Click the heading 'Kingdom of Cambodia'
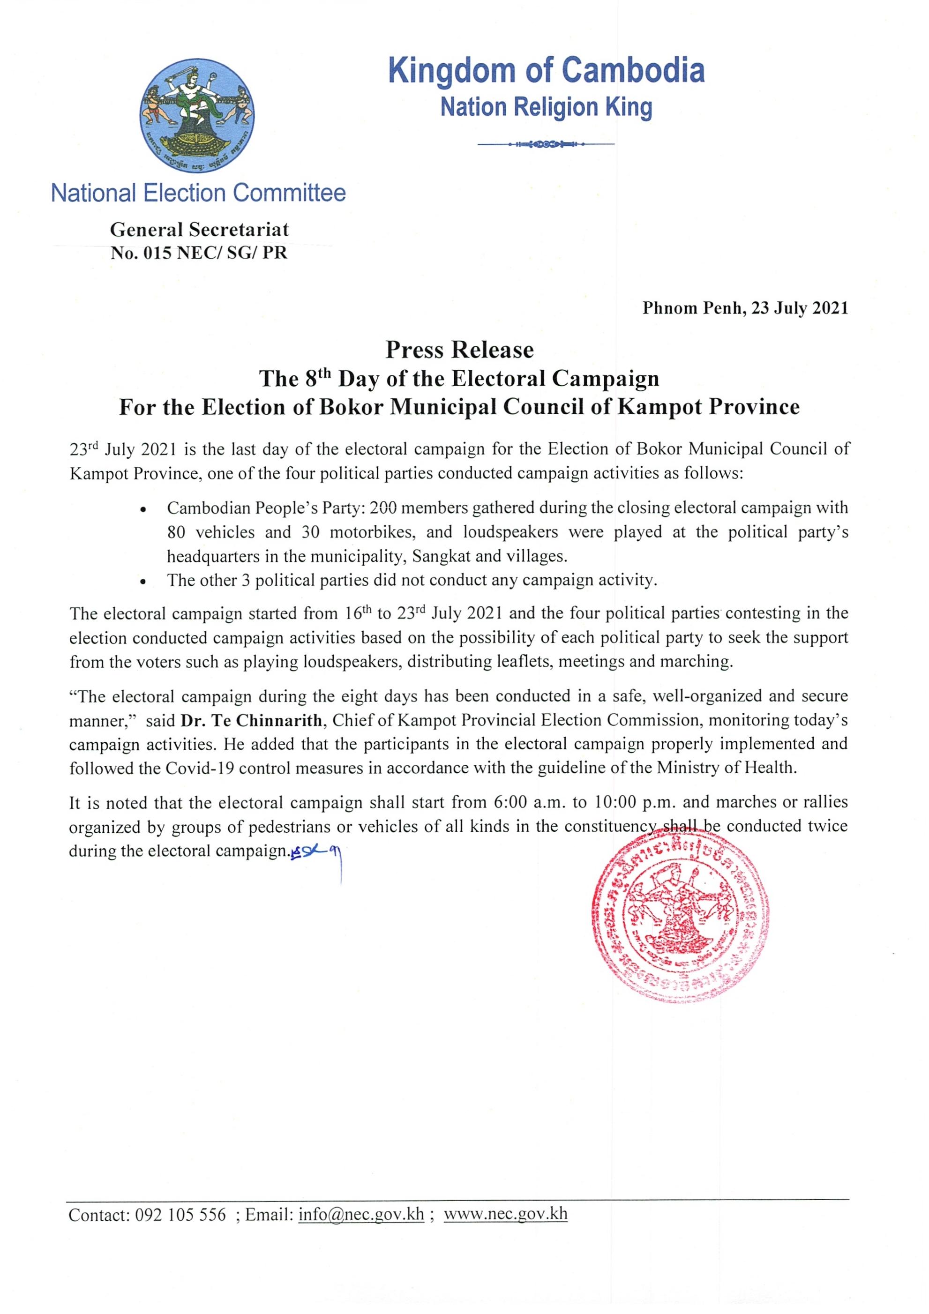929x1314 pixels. click(546, 71)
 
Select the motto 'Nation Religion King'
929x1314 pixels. click(546, 107)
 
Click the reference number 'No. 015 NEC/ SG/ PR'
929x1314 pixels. click(199, 253)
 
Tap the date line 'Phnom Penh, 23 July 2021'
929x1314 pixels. click(745, 308)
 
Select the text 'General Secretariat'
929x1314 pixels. click(199, 230)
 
